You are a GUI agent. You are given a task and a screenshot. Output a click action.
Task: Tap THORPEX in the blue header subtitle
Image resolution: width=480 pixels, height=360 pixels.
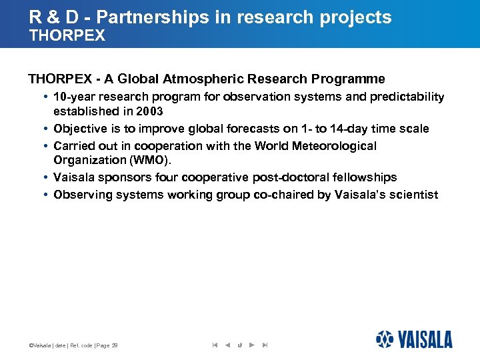coord(67,36)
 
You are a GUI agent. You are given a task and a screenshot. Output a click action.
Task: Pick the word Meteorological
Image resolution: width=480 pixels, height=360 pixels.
coord(331,146)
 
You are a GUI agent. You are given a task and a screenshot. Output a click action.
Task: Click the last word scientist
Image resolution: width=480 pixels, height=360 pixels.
coord(414,195)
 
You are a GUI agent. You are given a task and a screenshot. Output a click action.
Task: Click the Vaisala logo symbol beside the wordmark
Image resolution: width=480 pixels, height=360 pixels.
coord(385,339)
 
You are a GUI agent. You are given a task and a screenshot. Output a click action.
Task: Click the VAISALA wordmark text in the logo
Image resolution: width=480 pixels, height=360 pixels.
coord(424,339)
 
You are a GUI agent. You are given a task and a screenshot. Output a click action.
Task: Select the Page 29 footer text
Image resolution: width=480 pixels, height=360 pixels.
coord(107,345)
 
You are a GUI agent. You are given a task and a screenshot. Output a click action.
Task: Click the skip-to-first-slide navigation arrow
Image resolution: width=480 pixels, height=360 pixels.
coord(215,345)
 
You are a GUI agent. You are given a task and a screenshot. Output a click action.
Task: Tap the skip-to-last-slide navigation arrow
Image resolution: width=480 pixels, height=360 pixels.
coord(265,345)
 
